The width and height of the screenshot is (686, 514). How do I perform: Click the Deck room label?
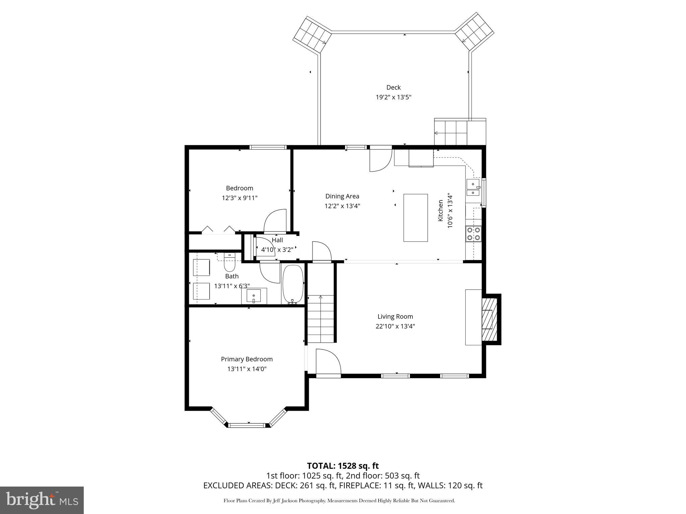pyautogui.click(x=393, y=87)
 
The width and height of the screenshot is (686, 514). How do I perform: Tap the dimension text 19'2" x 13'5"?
pyautogui.click(x=393, y=97)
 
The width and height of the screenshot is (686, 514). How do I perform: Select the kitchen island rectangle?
pyautogui.click(x=415, y=218)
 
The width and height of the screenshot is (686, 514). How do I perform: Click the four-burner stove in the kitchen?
pyautogui.click(x=474, y=234)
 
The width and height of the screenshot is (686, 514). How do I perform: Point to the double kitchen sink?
pyautogui.click(x=473, y=188)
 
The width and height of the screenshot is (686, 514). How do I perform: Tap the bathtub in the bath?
pyautogui.click(x=293, y=284)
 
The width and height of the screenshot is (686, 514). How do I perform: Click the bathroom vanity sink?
pyautogui.click(x=254, y=296)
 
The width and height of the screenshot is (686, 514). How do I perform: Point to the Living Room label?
pyautogui.click(x=395, y=316)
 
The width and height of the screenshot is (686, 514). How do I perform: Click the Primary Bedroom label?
pyautogui.click(x=247, y=359)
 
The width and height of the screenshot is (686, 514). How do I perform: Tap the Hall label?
pyautogui.click(x=277, y=240)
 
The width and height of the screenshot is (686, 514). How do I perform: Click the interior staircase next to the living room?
pyautogui.click(x=321, y=319)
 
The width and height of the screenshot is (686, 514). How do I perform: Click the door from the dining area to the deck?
pyautogui.click(x=381, y=159)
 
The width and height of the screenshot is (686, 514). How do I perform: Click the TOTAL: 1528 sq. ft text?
pyautogui.click(x=343, y=465)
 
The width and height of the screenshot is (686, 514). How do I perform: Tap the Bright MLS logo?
pyautogui.click(x=42, y=500)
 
